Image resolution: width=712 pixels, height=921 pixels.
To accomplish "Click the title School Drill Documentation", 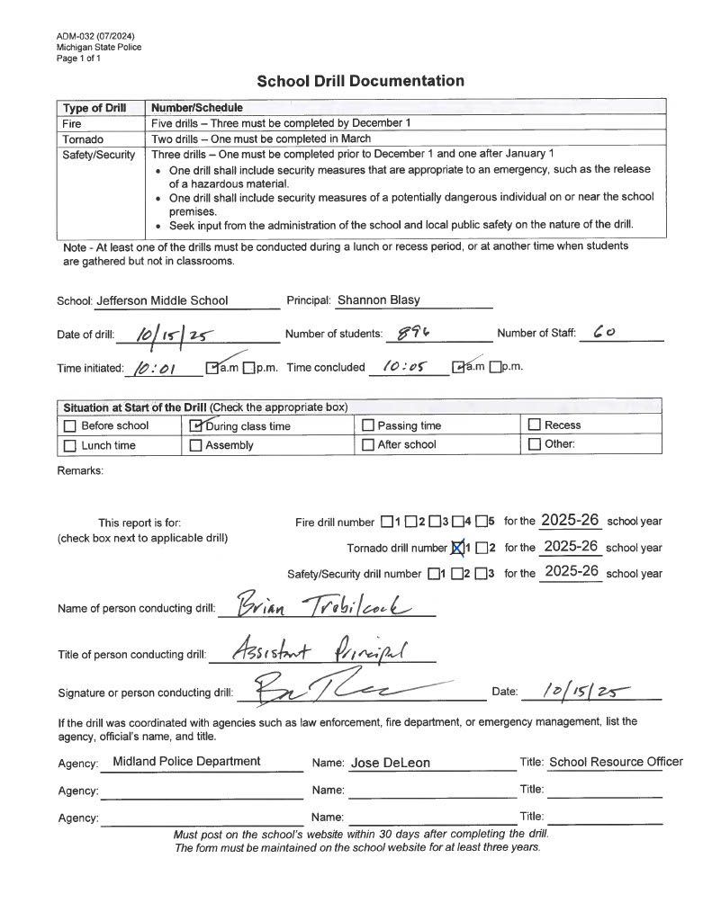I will (x=360, y=81).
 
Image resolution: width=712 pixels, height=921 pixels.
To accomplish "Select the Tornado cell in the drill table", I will (x=82, y=139).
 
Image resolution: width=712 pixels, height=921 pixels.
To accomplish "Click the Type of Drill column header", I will (x=94, y=108).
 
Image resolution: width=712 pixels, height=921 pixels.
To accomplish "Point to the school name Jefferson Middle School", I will (x=162, y=300).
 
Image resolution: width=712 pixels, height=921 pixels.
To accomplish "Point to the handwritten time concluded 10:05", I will (x=402, y=367).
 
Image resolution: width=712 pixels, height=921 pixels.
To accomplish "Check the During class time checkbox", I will (x=196, y=425).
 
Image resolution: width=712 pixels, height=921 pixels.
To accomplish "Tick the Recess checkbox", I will (x=535, y=425).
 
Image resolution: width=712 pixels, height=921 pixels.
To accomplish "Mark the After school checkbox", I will (x=367, y=444).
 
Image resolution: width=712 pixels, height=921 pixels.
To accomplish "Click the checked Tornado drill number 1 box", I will (x=456, y=547).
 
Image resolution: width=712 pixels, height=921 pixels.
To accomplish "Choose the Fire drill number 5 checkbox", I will (x=482, y=521).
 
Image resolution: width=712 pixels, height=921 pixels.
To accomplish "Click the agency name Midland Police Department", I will (x=186, y=761).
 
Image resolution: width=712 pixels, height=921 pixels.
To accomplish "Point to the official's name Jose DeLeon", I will (x=390, y=763).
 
